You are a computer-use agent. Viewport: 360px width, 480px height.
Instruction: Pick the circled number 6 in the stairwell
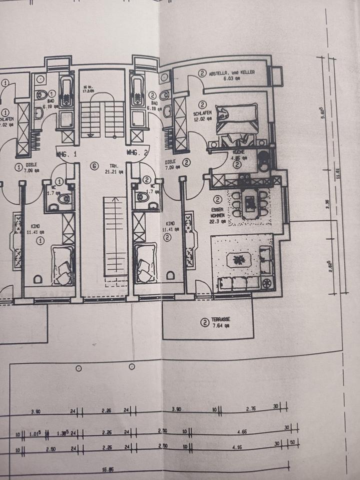93,165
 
